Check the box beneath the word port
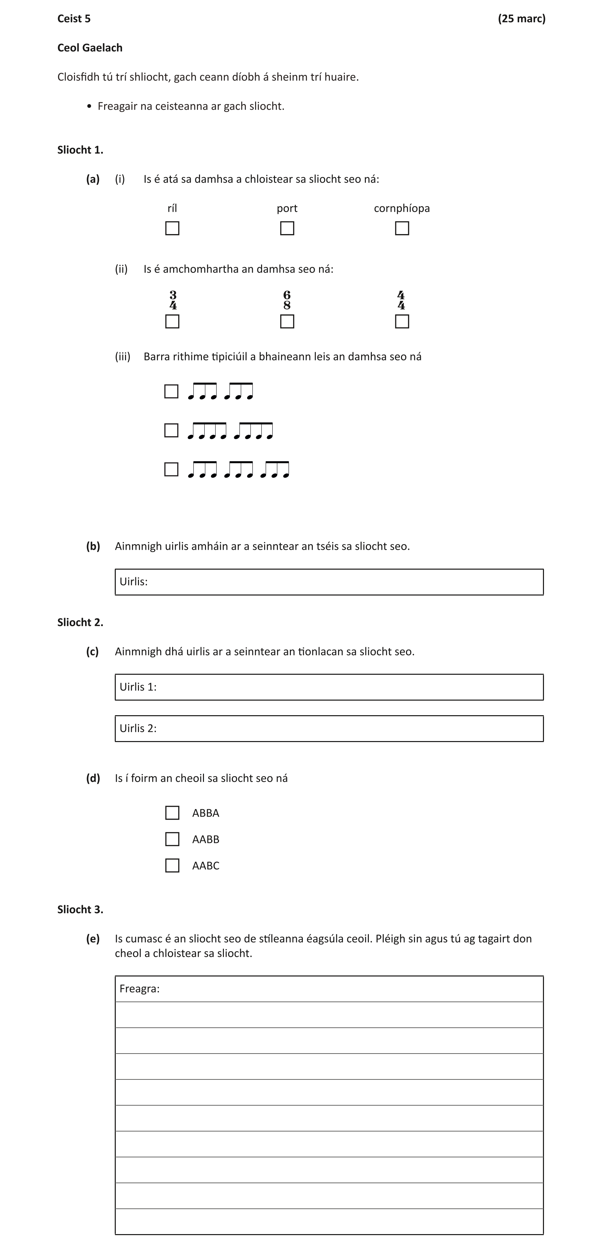pyautogui.click(x=287, y=228)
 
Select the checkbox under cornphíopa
pyautogui.click(x=402, y=228)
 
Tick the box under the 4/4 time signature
pyautogui.click(x=402, y=322)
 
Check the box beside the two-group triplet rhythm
pyautogui.click(x=171, y=391)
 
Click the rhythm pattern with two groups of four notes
pyautogui.click(x=230, y=431)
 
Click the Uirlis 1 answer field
pyautogui.click(x=329, y=687)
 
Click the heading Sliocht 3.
pyautogui.click(x=80, y=909)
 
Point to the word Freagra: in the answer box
pyautogui.click(x=139, y=989)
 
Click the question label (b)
pyautogui.click(x=93, y=546)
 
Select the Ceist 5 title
pyautogui.click(x=74, y=19)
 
